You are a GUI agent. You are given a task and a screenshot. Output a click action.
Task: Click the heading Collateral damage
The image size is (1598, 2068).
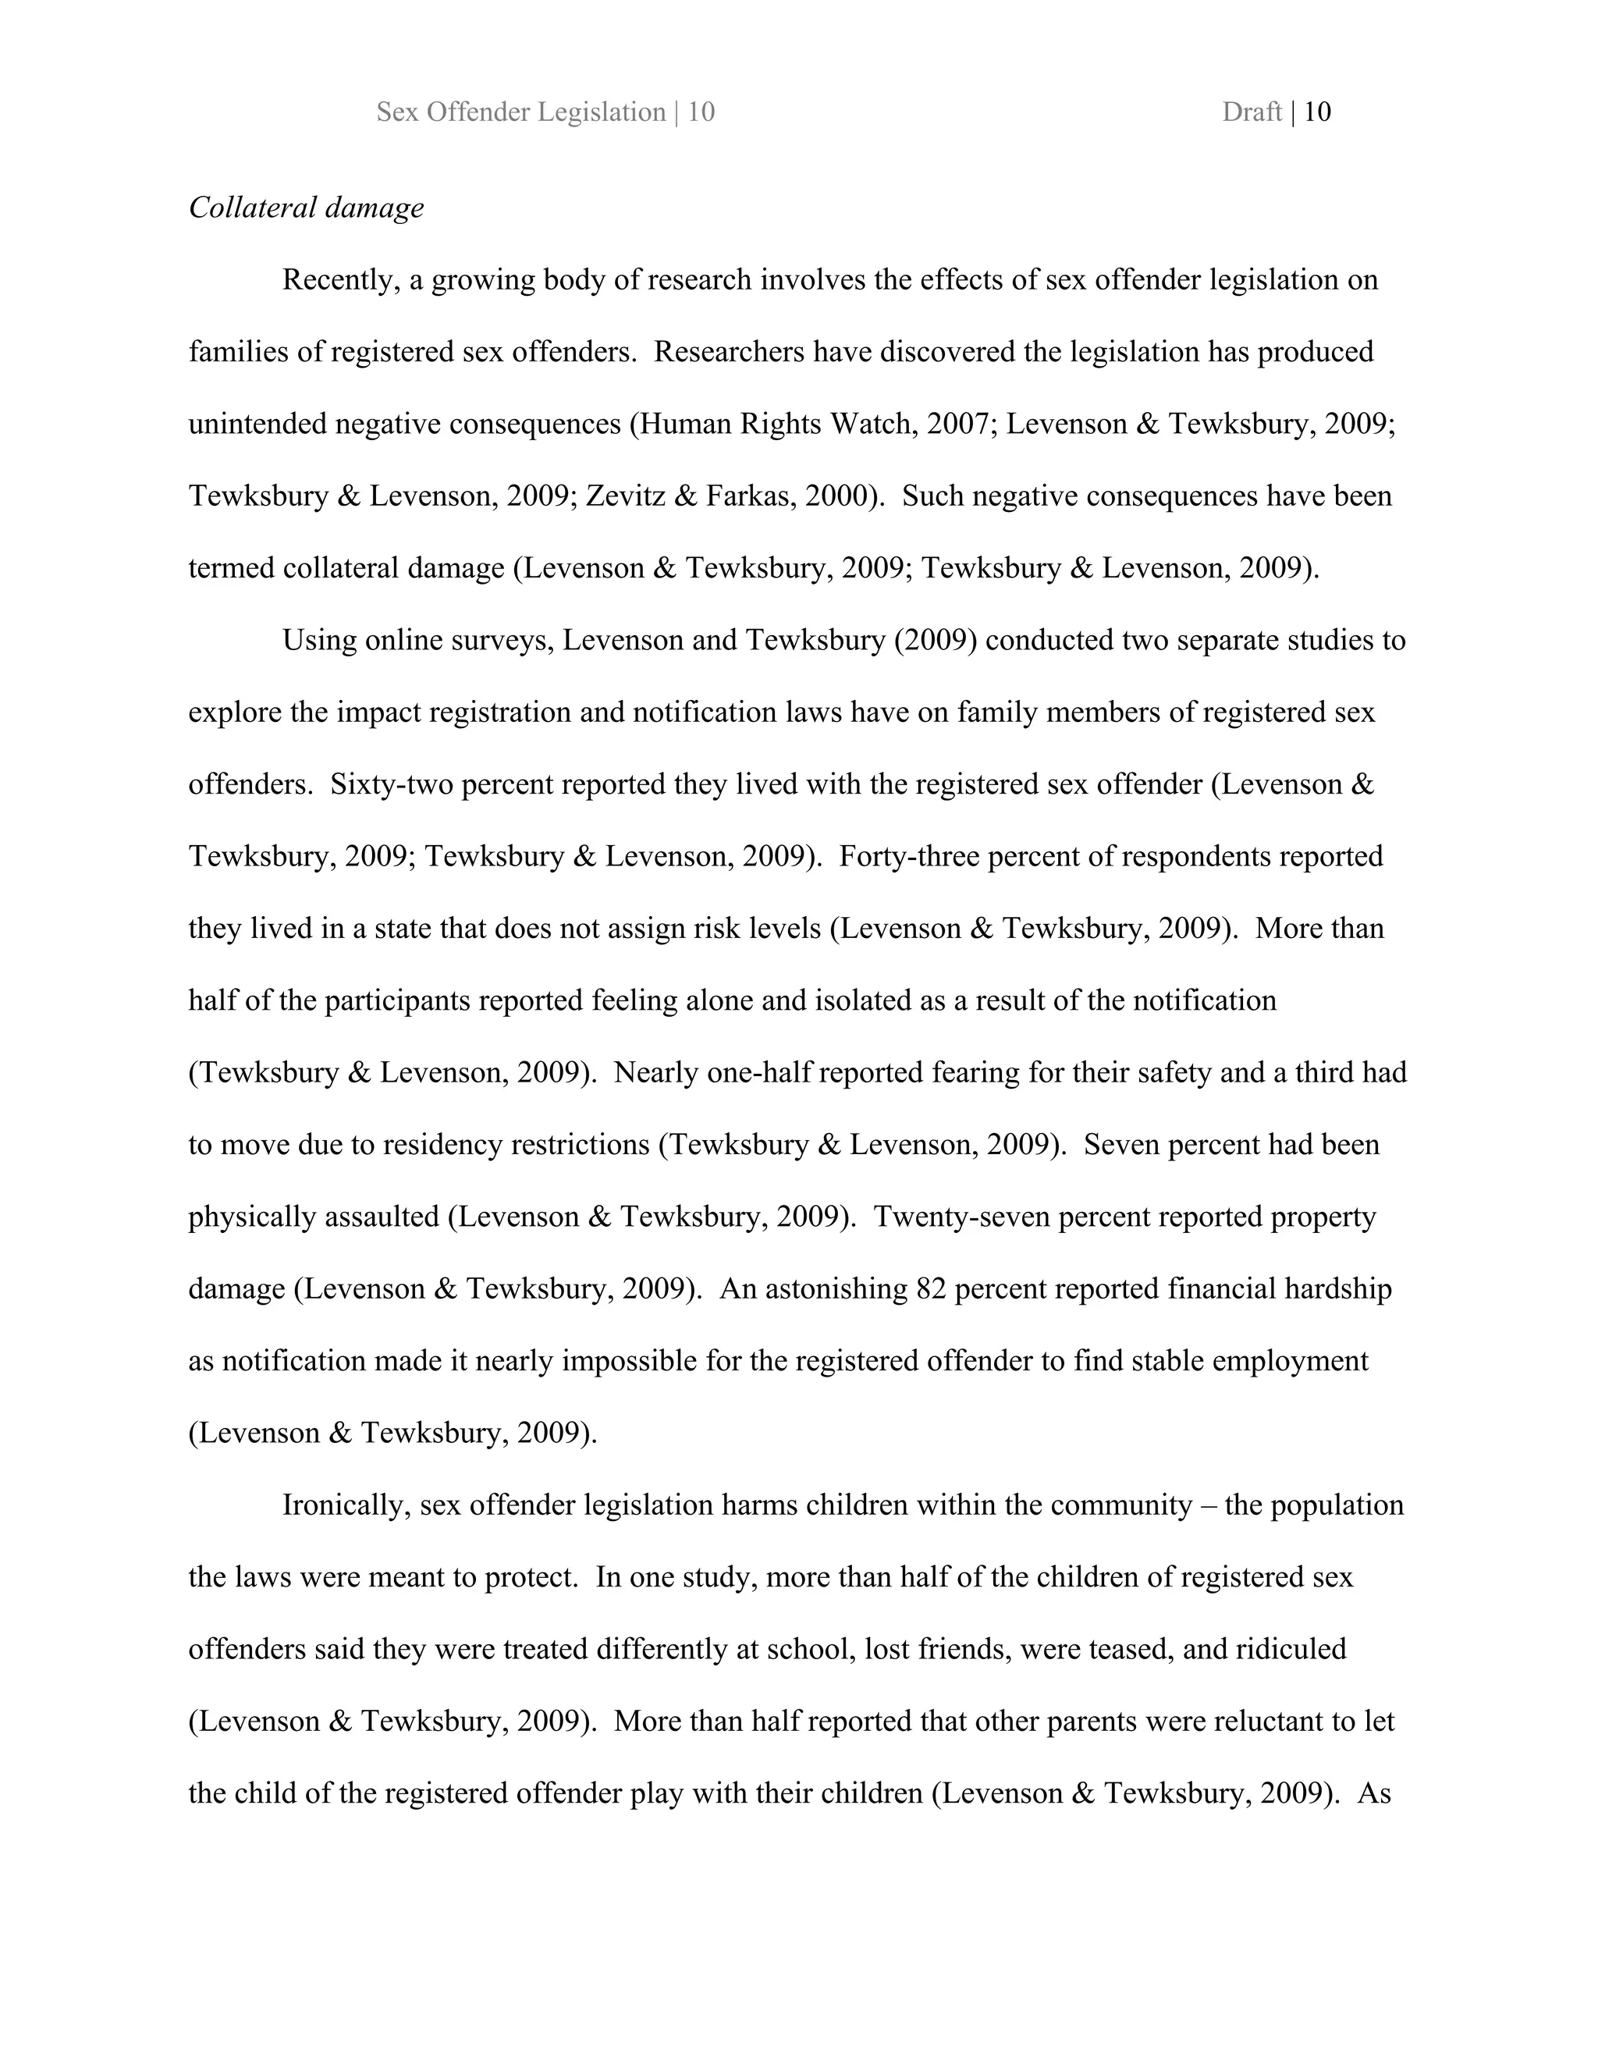pos(306,208)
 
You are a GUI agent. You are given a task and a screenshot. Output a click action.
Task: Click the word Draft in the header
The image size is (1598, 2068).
pos(1251,112)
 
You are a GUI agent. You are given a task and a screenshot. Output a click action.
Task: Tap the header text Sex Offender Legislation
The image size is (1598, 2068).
pos(520,112)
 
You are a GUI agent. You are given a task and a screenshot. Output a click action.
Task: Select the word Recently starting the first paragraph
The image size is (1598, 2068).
pos(340,280)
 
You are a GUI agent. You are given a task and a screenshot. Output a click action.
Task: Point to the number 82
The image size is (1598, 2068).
pos(932,1288)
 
